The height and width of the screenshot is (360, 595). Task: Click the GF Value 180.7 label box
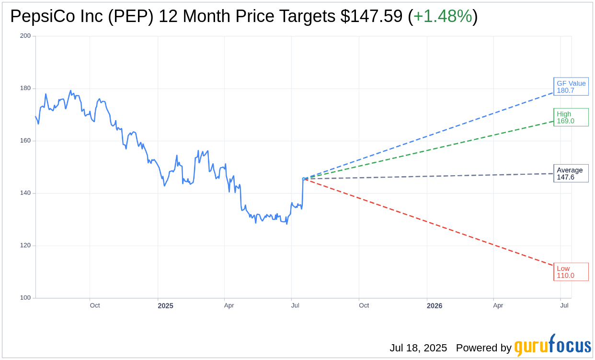[x=571, y=87]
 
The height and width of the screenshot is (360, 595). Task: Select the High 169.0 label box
[x=571, y=117]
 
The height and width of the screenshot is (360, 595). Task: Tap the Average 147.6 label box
[x=571, y=173]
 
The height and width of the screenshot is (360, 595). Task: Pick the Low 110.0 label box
[x=571, y=272]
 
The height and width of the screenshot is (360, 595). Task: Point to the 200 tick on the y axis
[x=25, y=36]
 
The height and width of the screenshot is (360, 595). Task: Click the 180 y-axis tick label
[x=25, y=88]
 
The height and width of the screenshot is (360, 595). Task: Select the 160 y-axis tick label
[x=25, y=141]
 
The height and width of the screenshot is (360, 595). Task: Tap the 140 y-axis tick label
[x=25, y=193]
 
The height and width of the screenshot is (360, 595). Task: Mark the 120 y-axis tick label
[x=25, y=245]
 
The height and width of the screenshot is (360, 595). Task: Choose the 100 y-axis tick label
[x=25, y=298]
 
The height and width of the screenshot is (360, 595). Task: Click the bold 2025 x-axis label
[x=165, y=306]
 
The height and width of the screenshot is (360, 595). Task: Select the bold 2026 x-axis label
[x=435, y=306]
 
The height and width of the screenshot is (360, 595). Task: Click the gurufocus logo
[x=552, y=345]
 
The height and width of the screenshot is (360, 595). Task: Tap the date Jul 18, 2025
[x=418, y=348]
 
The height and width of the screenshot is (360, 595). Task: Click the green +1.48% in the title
[x=443, y=16]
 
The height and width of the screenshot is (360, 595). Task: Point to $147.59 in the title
[x=371, y=16]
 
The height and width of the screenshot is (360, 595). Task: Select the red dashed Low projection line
[x=431, y=223]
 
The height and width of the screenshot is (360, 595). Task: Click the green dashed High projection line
[x=431, y=149]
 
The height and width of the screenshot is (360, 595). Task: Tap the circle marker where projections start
[x=304, y=179]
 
